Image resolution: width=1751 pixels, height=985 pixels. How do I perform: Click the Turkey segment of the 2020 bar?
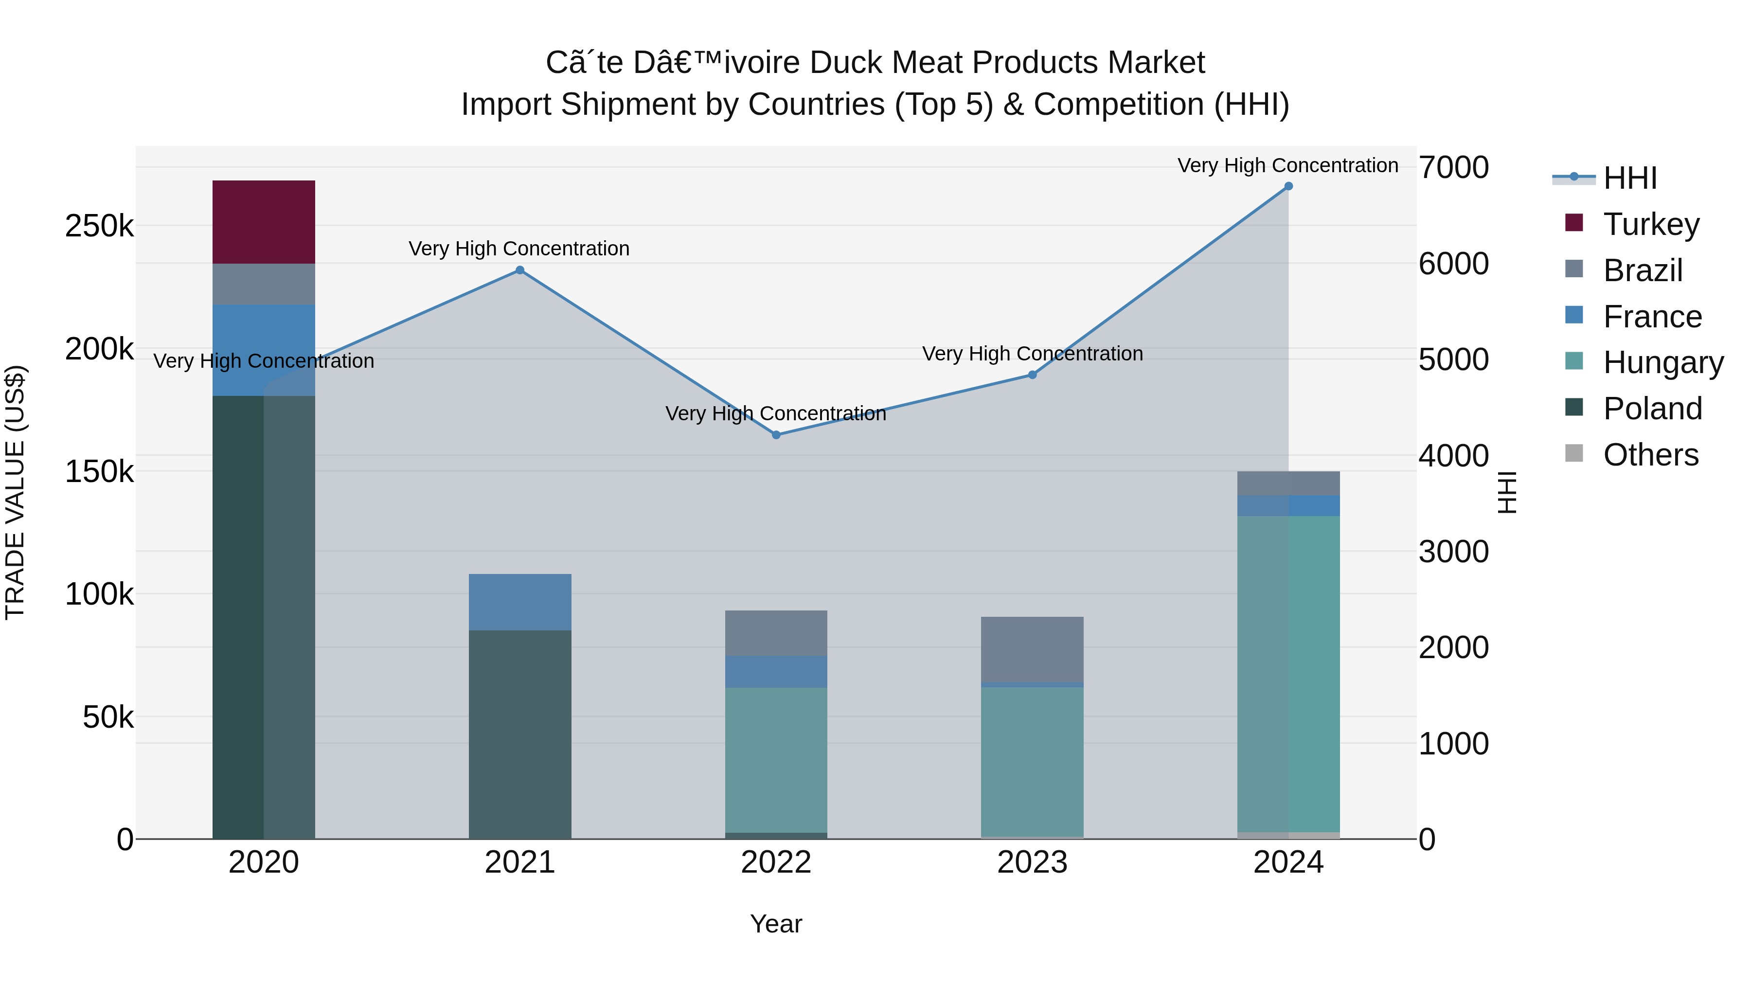coord(264,222)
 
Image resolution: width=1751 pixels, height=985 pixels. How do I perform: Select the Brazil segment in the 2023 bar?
coord(1032,649)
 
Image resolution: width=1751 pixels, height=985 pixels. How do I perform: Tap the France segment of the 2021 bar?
coord(520,602)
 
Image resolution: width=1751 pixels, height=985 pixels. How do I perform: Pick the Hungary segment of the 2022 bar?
coord(776,759)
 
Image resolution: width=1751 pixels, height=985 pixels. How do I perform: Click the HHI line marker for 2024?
coord(1288,186)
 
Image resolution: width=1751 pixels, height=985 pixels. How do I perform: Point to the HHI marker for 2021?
coord(520,270)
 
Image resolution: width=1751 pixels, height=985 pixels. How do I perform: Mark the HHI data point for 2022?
coord(776,435)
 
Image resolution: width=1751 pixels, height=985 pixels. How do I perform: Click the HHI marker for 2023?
coord(1032,375)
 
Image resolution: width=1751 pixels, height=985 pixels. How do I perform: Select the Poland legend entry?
coord(1652,409)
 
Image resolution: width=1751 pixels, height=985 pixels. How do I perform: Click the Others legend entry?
coord(1650,455)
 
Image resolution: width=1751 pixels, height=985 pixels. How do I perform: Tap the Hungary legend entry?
coord(1662,363)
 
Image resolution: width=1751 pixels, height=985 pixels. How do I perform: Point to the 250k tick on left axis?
coord(99,226)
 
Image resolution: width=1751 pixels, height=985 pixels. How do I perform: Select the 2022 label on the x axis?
coord(776,862)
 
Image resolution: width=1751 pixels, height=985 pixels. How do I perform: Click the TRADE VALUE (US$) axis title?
coord(15,492)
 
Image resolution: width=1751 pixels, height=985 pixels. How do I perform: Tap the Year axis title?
coord(776,924)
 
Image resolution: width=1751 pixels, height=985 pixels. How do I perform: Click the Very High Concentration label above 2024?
coord(1287,165)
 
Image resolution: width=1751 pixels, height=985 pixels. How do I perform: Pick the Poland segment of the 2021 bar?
coord(520,734)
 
